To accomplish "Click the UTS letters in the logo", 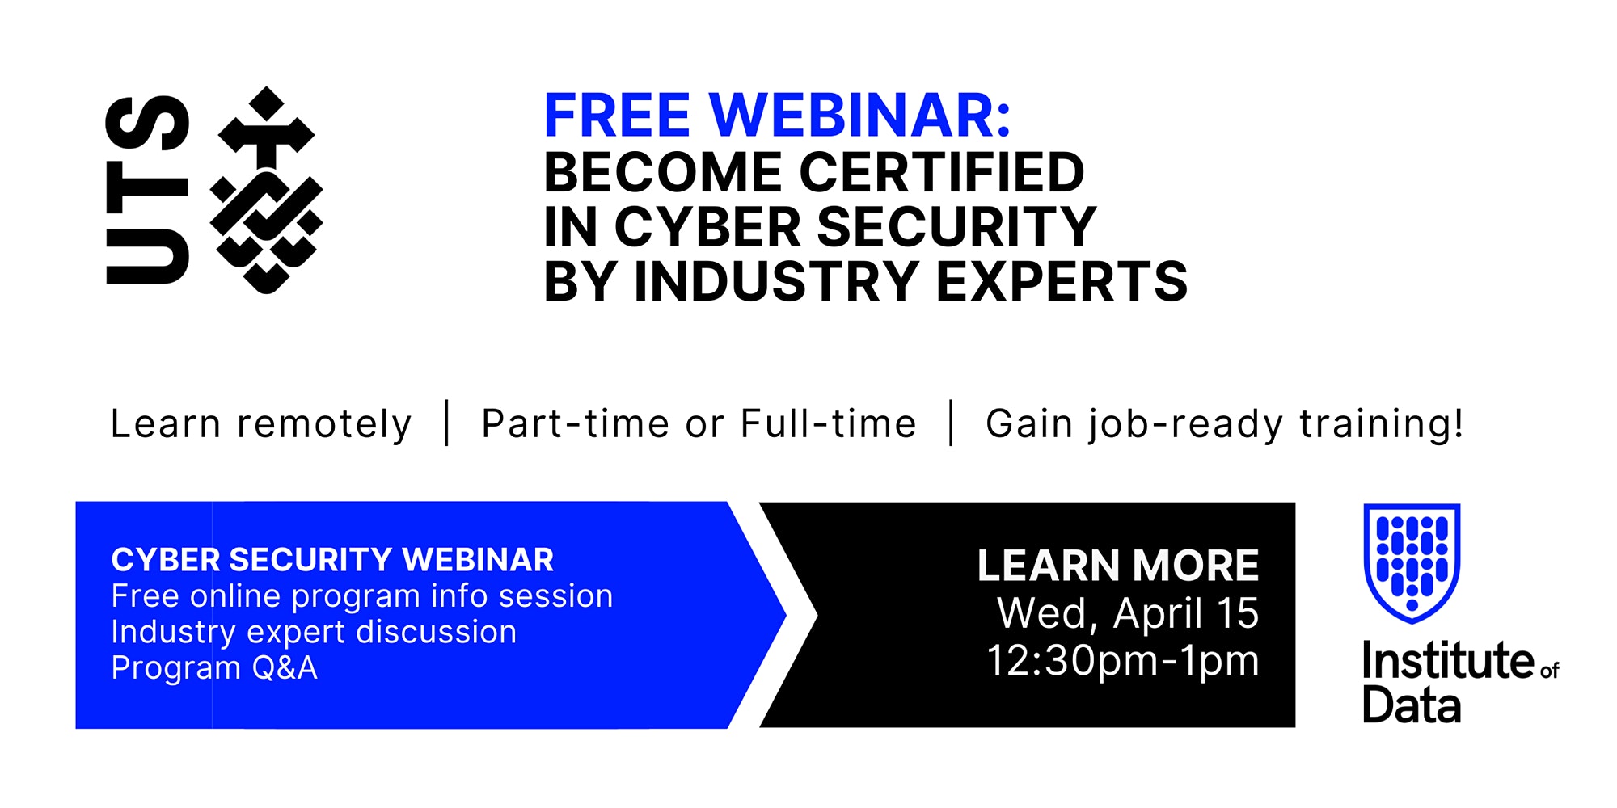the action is (147, 190).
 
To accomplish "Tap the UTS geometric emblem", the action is (266, 190).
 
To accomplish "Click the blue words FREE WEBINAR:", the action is (777, 116).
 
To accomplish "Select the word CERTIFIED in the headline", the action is (942, 172).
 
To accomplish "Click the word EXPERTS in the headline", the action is (1062, 281).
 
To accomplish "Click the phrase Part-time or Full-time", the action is (699, 424).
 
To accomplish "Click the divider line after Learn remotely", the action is (447, 423).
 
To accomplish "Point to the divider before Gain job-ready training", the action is (952, 423).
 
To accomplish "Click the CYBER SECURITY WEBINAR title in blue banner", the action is (332, 560).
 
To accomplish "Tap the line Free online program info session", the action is (362, 596).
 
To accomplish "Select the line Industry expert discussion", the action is (314, 632).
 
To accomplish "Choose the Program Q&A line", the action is (214, 668).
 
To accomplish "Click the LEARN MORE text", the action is (1118, 566).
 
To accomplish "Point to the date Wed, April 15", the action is (1128, 613).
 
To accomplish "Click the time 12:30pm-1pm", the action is (1123, 661).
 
